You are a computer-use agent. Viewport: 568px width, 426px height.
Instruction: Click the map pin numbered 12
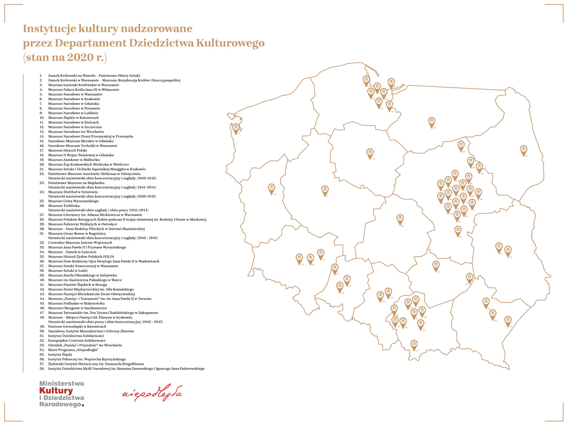236,128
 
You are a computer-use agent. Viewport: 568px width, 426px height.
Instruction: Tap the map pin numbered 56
432,121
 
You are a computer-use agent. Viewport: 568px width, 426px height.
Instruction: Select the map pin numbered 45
524,150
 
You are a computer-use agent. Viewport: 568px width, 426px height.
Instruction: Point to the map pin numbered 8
325,190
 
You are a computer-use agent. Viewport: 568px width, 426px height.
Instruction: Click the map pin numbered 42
271,188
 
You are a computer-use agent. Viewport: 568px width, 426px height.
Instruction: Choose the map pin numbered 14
508,320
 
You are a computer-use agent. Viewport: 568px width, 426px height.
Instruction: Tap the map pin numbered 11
436,265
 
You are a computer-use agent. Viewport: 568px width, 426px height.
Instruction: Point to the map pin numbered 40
458,230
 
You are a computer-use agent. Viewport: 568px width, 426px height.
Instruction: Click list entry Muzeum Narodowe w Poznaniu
74,108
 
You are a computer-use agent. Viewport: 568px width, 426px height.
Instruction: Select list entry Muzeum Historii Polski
67,150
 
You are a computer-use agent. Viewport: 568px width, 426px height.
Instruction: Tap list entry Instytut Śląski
60,355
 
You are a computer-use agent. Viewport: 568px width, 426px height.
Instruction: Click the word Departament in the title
91,43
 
